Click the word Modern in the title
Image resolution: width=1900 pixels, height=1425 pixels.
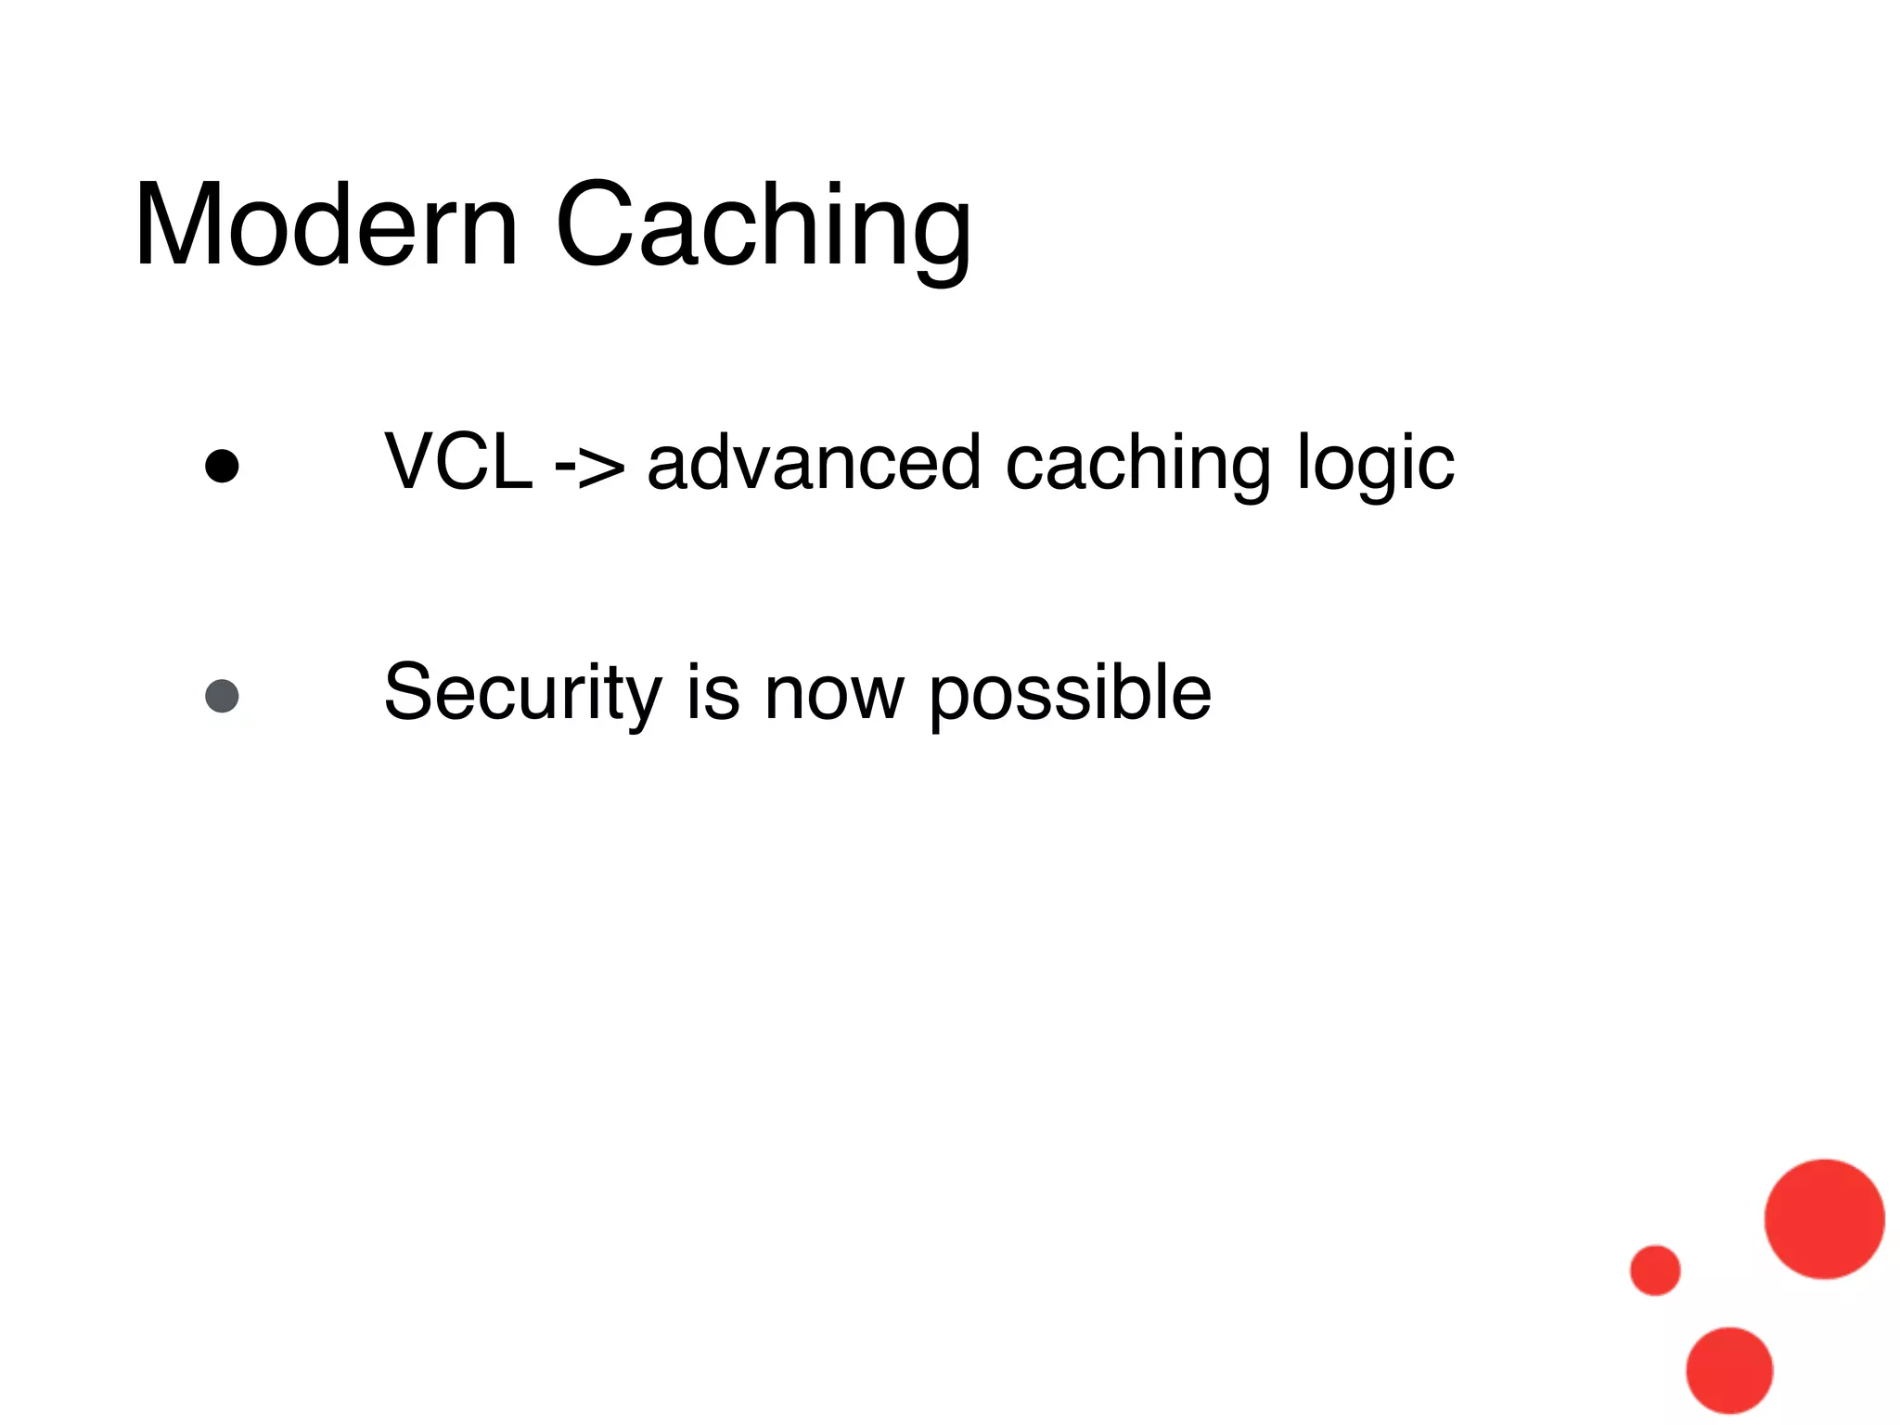tap(325, 226)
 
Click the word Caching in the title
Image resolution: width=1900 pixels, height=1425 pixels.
tap(763, 226)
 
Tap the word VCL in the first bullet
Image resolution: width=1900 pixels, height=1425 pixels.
tap(458, 462)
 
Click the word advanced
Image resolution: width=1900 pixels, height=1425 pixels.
tap(814, 462)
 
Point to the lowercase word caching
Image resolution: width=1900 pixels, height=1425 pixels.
tap(1139, 464)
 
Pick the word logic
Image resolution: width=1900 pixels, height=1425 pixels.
tap(1375, 464)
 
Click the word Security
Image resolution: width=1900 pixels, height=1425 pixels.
tap(522, 693)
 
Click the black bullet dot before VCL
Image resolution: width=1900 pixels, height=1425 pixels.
tap(222, 467)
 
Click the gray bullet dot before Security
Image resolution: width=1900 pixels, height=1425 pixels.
tap(222, 696)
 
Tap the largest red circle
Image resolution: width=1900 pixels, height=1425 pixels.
tap(1824, 1218)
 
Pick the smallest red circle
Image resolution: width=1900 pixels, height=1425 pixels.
tap(1655, 1270)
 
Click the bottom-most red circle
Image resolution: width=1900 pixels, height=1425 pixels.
tap(1729, 1370)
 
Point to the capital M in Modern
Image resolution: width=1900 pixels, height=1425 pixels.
tap(178, 226)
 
